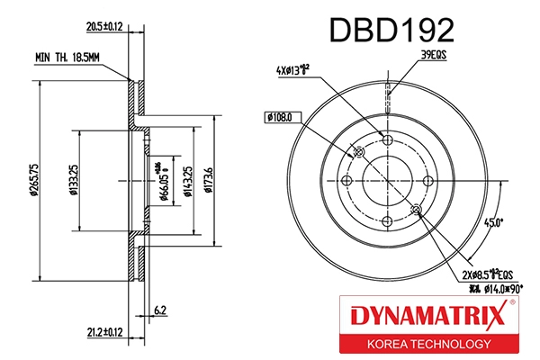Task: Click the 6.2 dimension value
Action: tap(159, 310)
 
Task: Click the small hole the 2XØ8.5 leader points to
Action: tap(415, 210)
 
